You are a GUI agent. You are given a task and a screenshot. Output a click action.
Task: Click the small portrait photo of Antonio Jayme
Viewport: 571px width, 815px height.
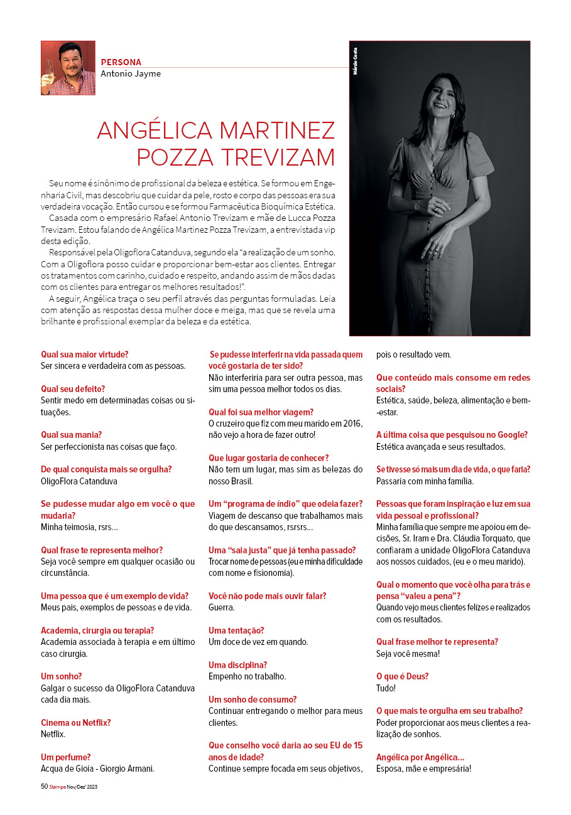tap(68, 68)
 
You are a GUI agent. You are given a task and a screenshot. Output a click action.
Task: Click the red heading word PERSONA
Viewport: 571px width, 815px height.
tap(121, 62)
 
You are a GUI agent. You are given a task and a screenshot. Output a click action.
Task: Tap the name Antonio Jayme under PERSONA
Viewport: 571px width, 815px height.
tap(130, 74)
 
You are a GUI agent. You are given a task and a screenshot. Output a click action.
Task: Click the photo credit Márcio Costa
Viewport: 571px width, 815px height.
tap(356, 61)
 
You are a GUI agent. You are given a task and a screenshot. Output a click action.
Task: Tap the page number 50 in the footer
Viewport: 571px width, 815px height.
tap(44, 786)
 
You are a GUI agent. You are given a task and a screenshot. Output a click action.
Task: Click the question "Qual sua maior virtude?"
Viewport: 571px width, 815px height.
tap(84, 354)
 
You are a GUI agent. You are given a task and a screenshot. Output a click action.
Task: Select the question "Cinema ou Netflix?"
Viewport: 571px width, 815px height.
tap(75, 723)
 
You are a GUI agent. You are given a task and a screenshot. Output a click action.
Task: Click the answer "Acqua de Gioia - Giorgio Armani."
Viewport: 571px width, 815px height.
tap(97, 769)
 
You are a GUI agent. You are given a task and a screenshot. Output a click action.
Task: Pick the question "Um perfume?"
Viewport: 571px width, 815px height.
tap(66, 757)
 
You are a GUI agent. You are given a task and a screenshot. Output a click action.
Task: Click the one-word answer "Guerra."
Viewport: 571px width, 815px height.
tap(222, 607)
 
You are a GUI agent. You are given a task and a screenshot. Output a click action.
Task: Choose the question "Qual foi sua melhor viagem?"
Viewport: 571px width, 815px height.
tap(261, 412)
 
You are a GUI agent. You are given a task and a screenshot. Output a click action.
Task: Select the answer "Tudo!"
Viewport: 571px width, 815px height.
tap(386, 688)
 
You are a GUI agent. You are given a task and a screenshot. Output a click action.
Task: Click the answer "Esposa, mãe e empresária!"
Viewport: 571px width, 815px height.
tap(423, 769)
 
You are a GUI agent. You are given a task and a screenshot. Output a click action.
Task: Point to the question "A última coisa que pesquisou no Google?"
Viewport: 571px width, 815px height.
tap(452, 435)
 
